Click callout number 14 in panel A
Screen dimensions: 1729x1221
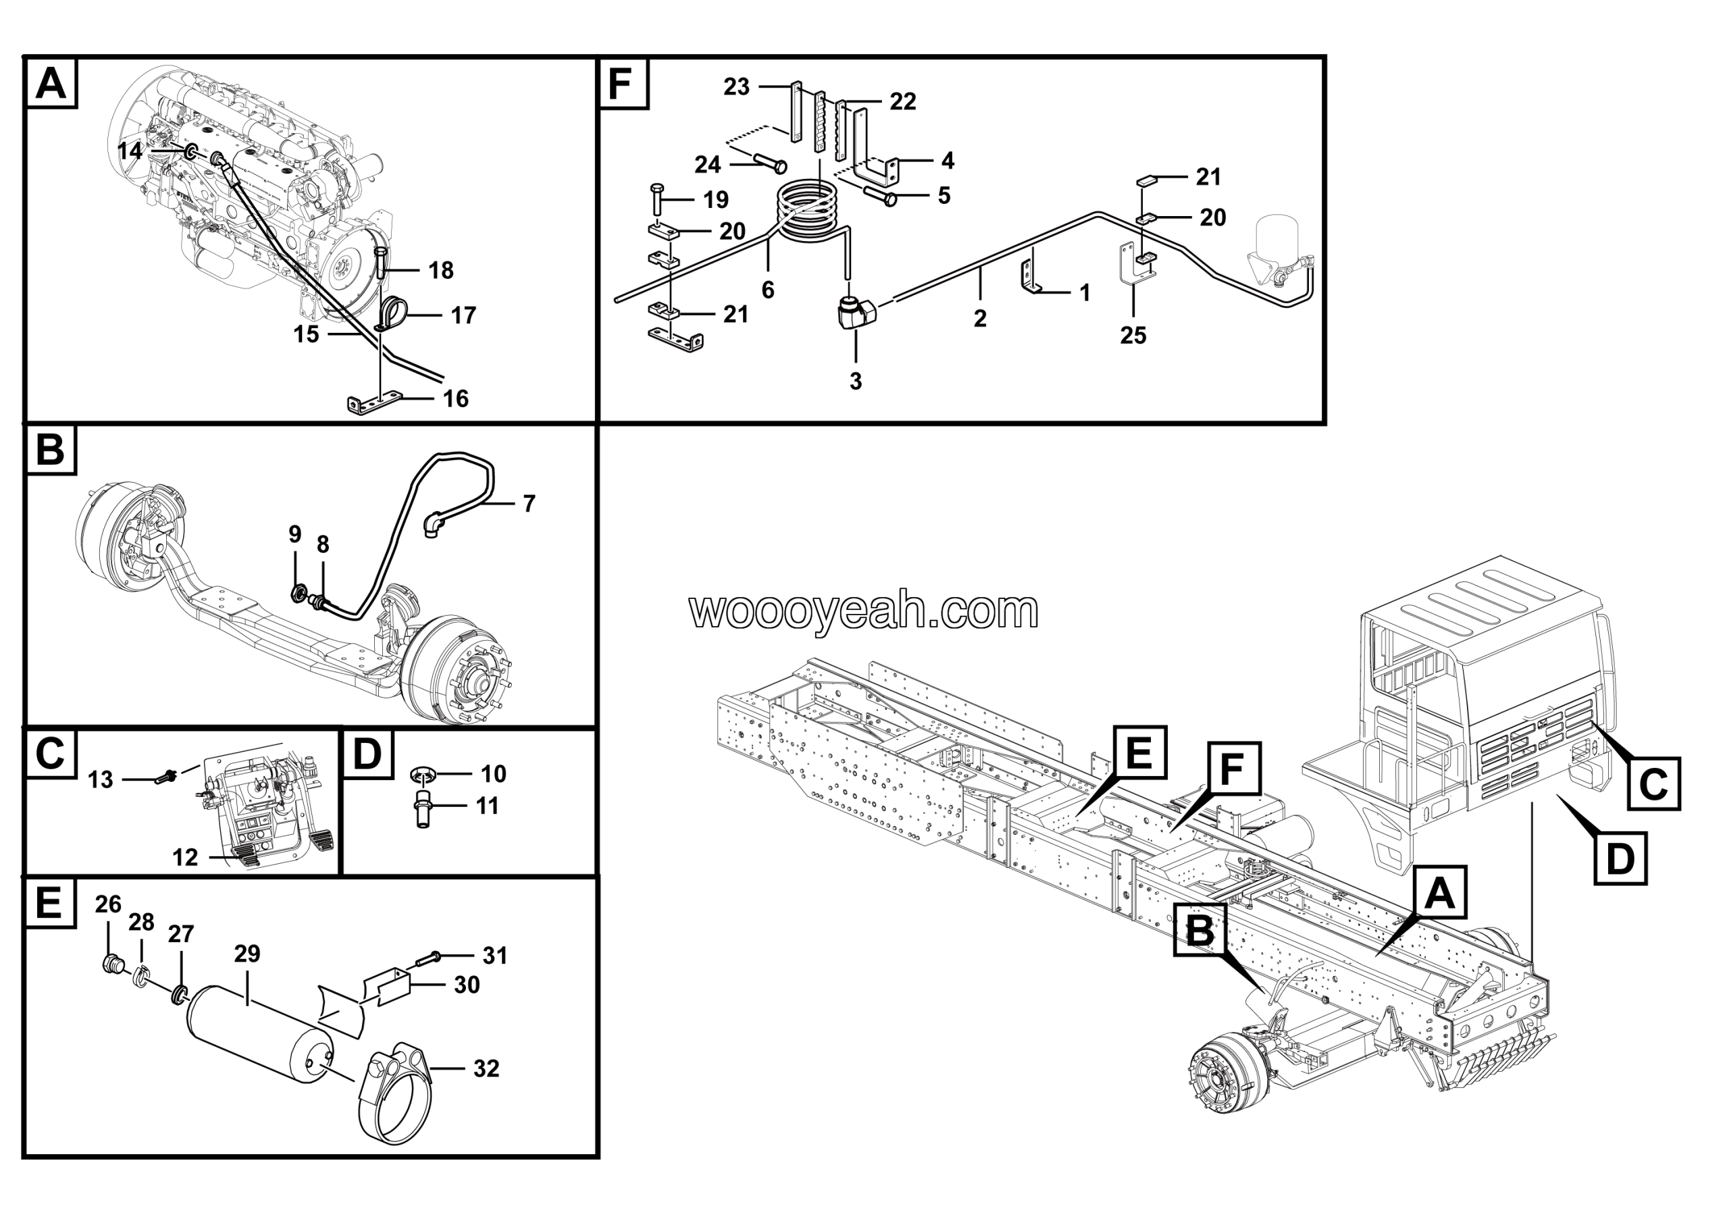[x=130, y=151]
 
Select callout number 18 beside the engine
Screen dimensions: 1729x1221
[x=441, y=270]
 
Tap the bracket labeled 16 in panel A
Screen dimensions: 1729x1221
[x=375, y=405]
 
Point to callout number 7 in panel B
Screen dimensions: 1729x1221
[x=529, y=504]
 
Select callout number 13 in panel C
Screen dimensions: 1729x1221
[x=101, y=780]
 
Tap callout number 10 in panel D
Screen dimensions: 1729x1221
[x=493, y=774]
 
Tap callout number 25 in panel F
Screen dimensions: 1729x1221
[x=1133, y=335]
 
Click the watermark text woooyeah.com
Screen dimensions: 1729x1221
[x=864, y=610]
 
